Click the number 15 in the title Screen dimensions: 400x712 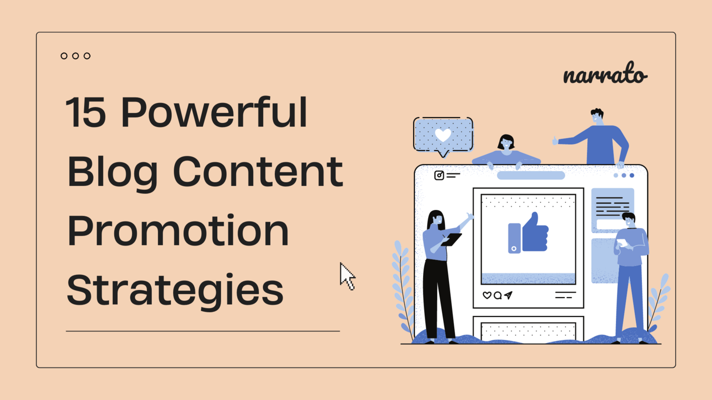[x=86, y=112]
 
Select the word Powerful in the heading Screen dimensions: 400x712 [x=214, y=112]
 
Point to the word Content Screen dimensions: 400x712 [x=258, y=171]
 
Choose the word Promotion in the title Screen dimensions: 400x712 [x=178, y=231]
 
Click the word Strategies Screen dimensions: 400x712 [x=175, y=291]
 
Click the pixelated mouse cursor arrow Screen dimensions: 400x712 [x=346, y=275]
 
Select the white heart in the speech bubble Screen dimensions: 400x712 [x=443, y=134]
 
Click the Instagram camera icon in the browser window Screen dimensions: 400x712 [x=439, y=175]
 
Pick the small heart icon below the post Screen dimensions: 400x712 [x=487, y=295]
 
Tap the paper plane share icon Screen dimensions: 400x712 [x=509, y=295]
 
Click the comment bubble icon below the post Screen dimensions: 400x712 [x=498, y=295]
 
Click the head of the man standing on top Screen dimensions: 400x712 [x=596, y=117]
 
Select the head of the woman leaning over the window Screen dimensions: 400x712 [x=506, y=143]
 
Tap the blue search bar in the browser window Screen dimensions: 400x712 [x=531, y=175]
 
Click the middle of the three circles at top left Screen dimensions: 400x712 [x=75, y=56]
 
